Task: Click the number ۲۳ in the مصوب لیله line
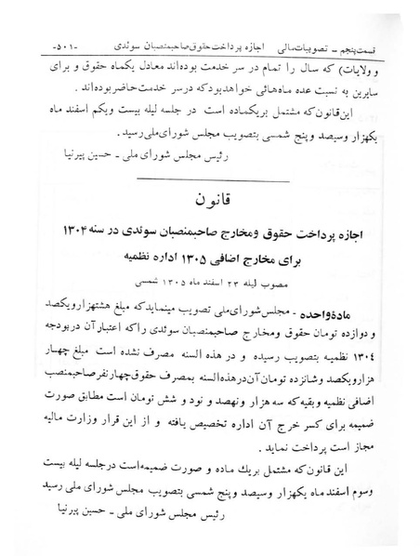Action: (223, 279)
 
